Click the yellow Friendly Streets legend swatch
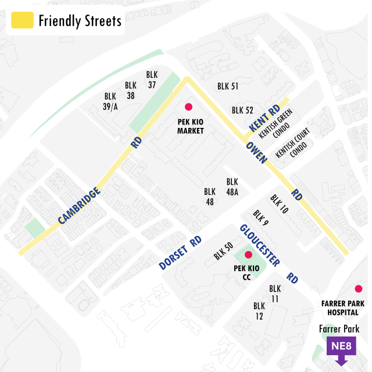(22, 21)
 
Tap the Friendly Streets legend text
(80, 21)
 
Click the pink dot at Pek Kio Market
(188, 107)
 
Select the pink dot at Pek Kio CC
(248, 255)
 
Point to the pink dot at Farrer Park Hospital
(358, 289)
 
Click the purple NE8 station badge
(341, 348)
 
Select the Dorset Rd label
(180, 253)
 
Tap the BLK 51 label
(228, 87)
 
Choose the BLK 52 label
(242, 110)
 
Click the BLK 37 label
(152, 80)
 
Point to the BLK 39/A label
(110, 101)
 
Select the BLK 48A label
(232, 187)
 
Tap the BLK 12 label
(259, 311)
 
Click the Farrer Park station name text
(339, 329)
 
